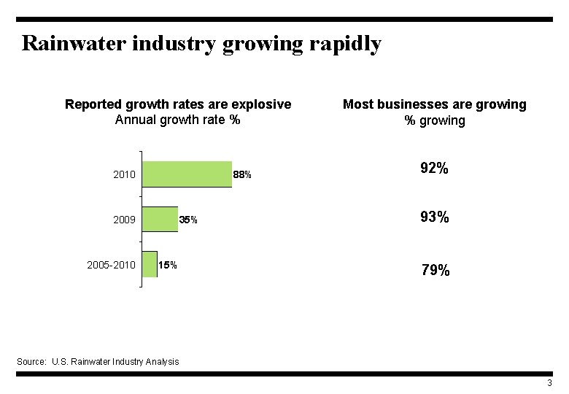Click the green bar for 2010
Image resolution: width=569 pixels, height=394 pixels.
point(187,174)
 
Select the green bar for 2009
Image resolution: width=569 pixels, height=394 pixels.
point(160,219)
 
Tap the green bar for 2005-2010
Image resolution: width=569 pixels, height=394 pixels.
point(150,264)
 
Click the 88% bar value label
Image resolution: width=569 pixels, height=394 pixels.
point(242,175)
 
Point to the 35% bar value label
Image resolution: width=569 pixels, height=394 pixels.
point(188,220)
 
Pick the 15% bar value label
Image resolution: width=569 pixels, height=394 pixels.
point(168,265)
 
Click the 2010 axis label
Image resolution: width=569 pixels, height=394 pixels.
point(124,175)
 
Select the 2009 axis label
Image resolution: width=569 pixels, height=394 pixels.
point(124,220)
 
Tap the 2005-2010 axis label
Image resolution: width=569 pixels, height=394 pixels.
point(111,265)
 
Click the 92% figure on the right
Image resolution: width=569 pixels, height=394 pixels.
point(434,169)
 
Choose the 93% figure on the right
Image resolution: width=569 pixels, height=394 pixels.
point(434,217)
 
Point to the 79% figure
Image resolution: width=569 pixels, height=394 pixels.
point(436,271)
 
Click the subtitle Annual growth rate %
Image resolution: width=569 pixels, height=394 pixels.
point(177,120)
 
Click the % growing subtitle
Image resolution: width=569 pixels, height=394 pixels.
point(435,120)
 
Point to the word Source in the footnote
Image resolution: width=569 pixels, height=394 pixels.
point(31,361)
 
